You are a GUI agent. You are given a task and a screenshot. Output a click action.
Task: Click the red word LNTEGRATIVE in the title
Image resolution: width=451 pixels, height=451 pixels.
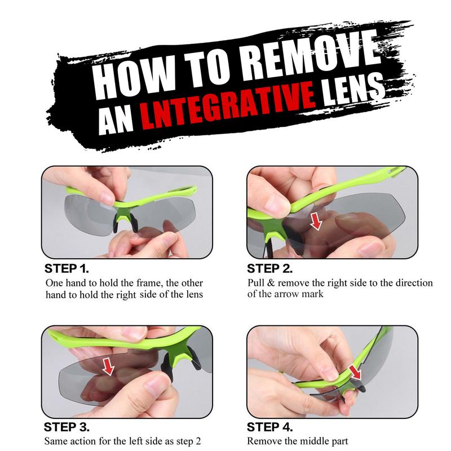(227, 106)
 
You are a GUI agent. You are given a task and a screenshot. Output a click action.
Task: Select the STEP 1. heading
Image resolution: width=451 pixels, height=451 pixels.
(67, 269)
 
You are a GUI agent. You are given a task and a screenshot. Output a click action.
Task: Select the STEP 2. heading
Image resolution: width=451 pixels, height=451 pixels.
(270, 269)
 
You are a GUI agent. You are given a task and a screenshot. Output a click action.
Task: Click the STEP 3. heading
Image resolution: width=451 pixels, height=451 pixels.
(67, 427)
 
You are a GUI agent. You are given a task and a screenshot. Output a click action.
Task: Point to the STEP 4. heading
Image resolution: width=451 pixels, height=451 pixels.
(270, 427)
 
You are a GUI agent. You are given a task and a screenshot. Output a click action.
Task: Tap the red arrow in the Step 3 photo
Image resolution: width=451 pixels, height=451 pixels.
(109, 366)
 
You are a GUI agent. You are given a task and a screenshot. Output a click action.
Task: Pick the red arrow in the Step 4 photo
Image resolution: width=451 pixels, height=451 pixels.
(356, 373)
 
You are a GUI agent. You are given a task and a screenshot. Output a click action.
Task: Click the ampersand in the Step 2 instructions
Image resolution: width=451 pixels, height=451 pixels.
(271, 283)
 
